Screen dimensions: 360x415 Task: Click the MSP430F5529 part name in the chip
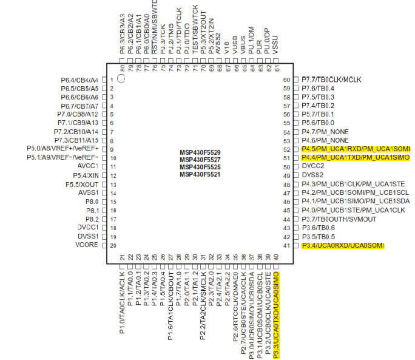[200, 152]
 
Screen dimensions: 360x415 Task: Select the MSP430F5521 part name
[200, 174]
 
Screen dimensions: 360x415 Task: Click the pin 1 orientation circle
[121, 78]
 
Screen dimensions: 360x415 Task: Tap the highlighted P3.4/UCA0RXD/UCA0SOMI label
[343, 245]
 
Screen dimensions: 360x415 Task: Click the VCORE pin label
[87, 245]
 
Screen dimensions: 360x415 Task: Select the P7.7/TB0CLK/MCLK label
[331, 80]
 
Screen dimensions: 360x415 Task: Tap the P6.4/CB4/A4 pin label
[79, 80]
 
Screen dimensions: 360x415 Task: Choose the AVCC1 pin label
[87, 166]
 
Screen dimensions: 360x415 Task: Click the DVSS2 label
[313, 175]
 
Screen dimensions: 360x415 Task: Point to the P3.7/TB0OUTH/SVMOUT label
[335, 219]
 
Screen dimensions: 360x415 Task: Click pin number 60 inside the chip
[287, 80]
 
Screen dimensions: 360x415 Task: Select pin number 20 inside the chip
[113, 245]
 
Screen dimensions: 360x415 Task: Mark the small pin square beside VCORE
[104, 245]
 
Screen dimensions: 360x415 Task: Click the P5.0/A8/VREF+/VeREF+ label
[62, 149]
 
